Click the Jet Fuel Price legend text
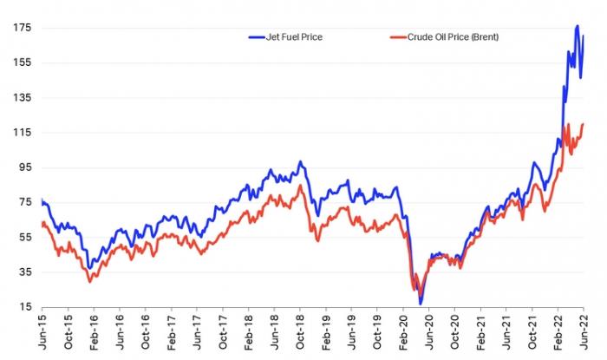click(x=295, y=37)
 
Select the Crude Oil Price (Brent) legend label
click(x=453, y=37)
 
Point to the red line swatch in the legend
click(x=399, y=37)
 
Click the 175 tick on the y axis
click(x=23, y=28)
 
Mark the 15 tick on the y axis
click(x=26, y=307)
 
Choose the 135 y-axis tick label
click(x=23, y=98)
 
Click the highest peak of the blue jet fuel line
click(x=578, y=27)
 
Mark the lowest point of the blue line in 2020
click(x=421, y=303)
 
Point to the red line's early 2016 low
click(x=90, y=281)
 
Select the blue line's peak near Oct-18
click(x=300, y=162)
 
